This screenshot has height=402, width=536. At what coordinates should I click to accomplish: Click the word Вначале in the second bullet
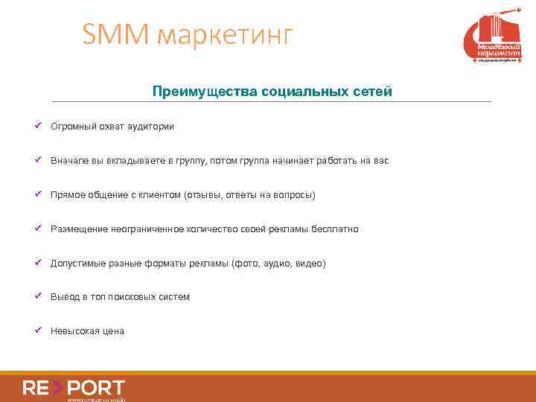point(69,160)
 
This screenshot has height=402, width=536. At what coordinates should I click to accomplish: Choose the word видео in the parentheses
point(308,264)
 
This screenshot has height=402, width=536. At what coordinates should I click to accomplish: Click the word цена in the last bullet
point(113,331)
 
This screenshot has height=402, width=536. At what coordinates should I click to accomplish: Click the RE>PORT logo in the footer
point(74,389)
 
